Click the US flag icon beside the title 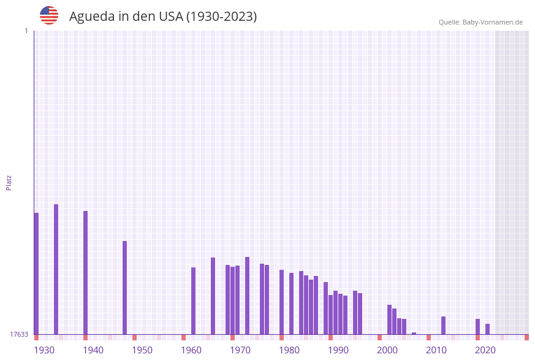pos(49,15)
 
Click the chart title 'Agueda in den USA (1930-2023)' pos(162,17)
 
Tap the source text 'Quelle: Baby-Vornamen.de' pos(480,22)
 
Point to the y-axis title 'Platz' pos(9,182)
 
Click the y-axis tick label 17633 pos(19,334)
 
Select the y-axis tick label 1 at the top pos(26,31)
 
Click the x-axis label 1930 pos(44,350)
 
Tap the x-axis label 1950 pos(142,350)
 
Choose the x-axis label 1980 pos(289,350)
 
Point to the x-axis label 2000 pos(387,350)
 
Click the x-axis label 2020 pos(485,350)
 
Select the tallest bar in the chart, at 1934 pos(56,269)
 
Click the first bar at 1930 pos(36,274)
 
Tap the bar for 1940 pos(86,272)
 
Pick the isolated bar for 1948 pos(125,288)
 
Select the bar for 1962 pos(194,301)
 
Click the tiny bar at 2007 pos(414,333)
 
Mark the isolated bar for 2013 pos(444,325)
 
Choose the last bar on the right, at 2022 pos(488,329)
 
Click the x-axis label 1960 pos(191,350)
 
